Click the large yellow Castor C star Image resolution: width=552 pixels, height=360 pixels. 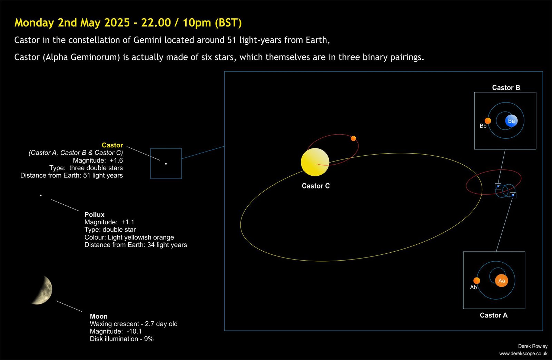(x=315, y=162)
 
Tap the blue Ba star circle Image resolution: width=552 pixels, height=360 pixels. (x=511, y=121)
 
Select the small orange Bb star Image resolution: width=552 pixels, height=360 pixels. (x=488, y=121)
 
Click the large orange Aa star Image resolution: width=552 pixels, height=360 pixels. (x=502, y=281)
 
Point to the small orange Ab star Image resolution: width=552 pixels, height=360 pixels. (x=477, y=281)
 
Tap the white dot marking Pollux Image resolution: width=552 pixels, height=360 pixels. (x=41, y=195)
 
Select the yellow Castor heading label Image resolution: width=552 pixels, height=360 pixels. (x=112, y=145)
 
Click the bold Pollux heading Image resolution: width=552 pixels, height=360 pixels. (x=95, y=215)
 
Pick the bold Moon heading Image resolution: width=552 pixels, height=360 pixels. (x=99, y=317)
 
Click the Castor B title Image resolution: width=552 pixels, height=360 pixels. (x=506, y=88)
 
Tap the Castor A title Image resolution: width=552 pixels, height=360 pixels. (x=494, y=315)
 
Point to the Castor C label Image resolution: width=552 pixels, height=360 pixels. (x=316, y=186)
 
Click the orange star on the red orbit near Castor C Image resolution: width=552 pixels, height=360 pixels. (x=353, y=138)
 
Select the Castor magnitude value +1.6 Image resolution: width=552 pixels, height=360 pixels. (x=116, y=160)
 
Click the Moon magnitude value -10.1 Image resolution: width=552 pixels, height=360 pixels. (x=134, y=331)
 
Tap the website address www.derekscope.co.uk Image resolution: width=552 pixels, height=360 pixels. (x=523, y=353)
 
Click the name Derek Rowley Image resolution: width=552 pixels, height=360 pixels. (x=533, y=346)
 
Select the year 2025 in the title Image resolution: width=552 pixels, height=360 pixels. (x=117, y=23)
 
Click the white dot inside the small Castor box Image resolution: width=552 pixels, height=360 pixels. (x=166, y=164)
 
